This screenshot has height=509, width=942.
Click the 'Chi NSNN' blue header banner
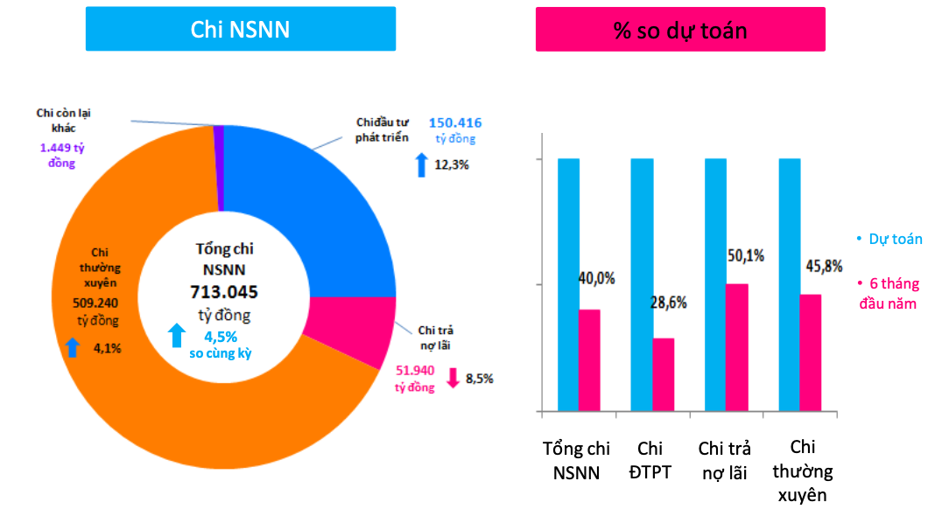point(240,30)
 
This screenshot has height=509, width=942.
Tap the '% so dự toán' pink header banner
point(680,30)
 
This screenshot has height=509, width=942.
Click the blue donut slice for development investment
point(306,219)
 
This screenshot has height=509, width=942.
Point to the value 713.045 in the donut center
point(225,292)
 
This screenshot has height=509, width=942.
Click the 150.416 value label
point(455,123)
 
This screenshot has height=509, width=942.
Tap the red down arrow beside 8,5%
point(453,379)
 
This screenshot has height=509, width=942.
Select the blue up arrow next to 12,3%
point(422,163)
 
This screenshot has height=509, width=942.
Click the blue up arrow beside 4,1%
point(73,347)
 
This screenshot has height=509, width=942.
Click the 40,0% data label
point(596,279)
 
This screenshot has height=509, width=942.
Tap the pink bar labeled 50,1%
point(737,346)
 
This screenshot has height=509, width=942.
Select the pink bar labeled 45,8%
point(811,352)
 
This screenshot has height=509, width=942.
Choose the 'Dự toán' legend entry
point(889,239)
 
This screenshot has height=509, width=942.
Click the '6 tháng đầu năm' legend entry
point(887,294)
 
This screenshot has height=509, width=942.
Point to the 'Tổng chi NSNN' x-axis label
point(576,461)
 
